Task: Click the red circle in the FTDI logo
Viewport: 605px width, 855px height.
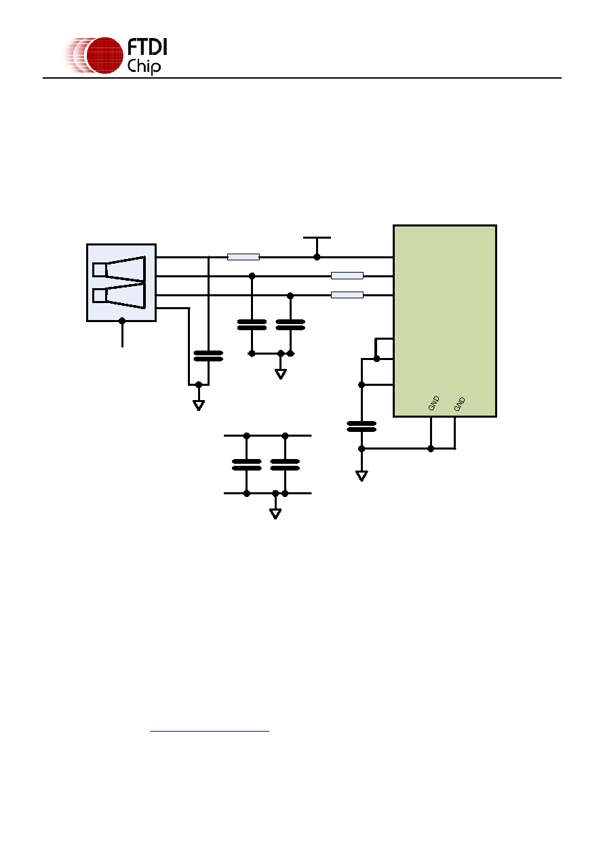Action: pyautogui.click(x=105, y=56)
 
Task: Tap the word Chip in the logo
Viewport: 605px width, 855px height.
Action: pyautogui.click(x=144, y=66)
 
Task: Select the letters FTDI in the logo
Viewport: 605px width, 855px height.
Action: pyautogui.click(x=147, y=47)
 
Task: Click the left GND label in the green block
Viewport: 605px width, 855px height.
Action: pyautogui.click(x=433, y=403)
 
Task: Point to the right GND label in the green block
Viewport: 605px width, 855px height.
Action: pyautogui.click(x=460, y=404)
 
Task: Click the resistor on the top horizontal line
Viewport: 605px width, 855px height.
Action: pyautogui.click(x=243, y=257)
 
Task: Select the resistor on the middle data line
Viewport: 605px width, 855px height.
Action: pyautogui.click(x=347, y=275)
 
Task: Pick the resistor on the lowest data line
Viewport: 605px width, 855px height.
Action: pyautogui.click(x=347, y=295)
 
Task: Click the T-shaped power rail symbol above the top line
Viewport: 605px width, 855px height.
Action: pyautogui.click(x=317, y=244)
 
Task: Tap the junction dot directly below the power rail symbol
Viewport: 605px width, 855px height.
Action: pyautogui.click(x=317, y=257)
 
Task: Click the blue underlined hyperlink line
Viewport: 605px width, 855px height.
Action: pyautogui.click(x=210, y=731)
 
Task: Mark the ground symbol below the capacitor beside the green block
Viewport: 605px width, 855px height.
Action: pyautogui.click(x=362, y=476)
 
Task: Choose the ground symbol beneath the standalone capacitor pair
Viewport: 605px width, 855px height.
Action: pyautogui.click(x=275, y=514)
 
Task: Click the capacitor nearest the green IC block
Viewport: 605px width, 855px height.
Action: pyautogui.click(x=362, y=426)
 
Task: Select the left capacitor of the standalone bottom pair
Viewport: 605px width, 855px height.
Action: pyautogui.click(x=247, y=464)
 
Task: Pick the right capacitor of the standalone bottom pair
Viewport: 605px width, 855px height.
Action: pyautogui.click(x=285, y=464)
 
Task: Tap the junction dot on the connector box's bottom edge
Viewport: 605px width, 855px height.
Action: pyautogui.click(x=122, y=321)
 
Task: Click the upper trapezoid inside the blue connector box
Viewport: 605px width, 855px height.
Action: pyautogui.click(x=119, y=269)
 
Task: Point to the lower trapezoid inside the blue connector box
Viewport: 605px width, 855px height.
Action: pyautogui.click(x=119, y=296)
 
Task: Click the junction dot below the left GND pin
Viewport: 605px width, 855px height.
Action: pyautogui.click(x=431, y=449)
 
